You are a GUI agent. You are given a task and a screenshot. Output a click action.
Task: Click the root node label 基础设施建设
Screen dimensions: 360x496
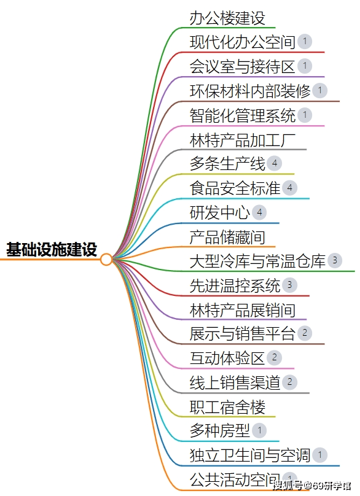click(52, 249)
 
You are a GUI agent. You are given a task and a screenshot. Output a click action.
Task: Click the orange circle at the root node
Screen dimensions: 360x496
click(106, 260)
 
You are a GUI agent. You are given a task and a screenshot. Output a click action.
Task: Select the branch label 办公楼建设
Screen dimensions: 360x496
click(227, 18)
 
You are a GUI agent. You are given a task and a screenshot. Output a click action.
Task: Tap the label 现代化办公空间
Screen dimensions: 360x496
click(243, 42)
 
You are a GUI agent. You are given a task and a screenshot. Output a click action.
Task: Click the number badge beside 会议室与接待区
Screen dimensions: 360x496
click(305, 66)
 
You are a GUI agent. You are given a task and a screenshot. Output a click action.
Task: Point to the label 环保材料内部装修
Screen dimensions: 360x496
click(250, 91)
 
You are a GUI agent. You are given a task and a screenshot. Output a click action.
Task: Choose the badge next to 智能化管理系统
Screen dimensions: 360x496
click(305, 115)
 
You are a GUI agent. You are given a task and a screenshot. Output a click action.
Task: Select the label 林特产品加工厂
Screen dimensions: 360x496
click(243, 140)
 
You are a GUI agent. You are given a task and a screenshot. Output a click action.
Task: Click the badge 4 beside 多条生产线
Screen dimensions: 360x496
click(274, 163)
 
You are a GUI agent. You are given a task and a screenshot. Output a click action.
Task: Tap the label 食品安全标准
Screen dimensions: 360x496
click(235, 188)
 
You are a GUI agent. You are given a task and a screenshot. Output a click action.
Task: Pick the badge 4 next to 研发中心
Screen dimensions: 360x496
click(259, 212)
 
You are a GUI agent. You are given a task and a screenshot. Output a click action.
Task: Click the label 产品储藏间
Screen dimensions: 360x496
click(227, 237)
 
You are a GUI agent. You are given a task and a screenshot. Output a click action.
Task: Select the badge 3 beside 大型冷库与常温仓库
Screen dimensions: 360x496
click(335, 260)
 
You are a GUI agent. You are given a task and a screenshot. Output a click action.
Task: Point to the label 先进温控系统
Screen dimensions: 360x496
click(235, 285)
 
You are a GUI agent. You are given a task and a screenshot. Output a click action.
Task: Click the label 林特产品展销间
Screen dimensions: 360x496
click(243, 310)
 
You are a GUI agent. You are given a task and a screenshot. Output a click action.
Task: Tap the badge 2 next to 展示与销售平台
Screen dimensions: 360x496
click(305, 333)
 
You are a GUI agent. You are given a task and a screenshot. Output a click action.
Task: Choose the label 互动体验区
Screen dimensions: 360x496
click(227, 358)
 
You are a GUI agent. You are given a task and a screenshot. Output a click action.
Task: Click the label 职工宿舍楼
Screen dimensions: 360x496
click(227, 407)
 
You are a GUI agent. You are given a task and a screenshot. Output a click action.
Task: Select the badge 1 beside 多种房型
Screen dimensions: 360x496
click(259, 430)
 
